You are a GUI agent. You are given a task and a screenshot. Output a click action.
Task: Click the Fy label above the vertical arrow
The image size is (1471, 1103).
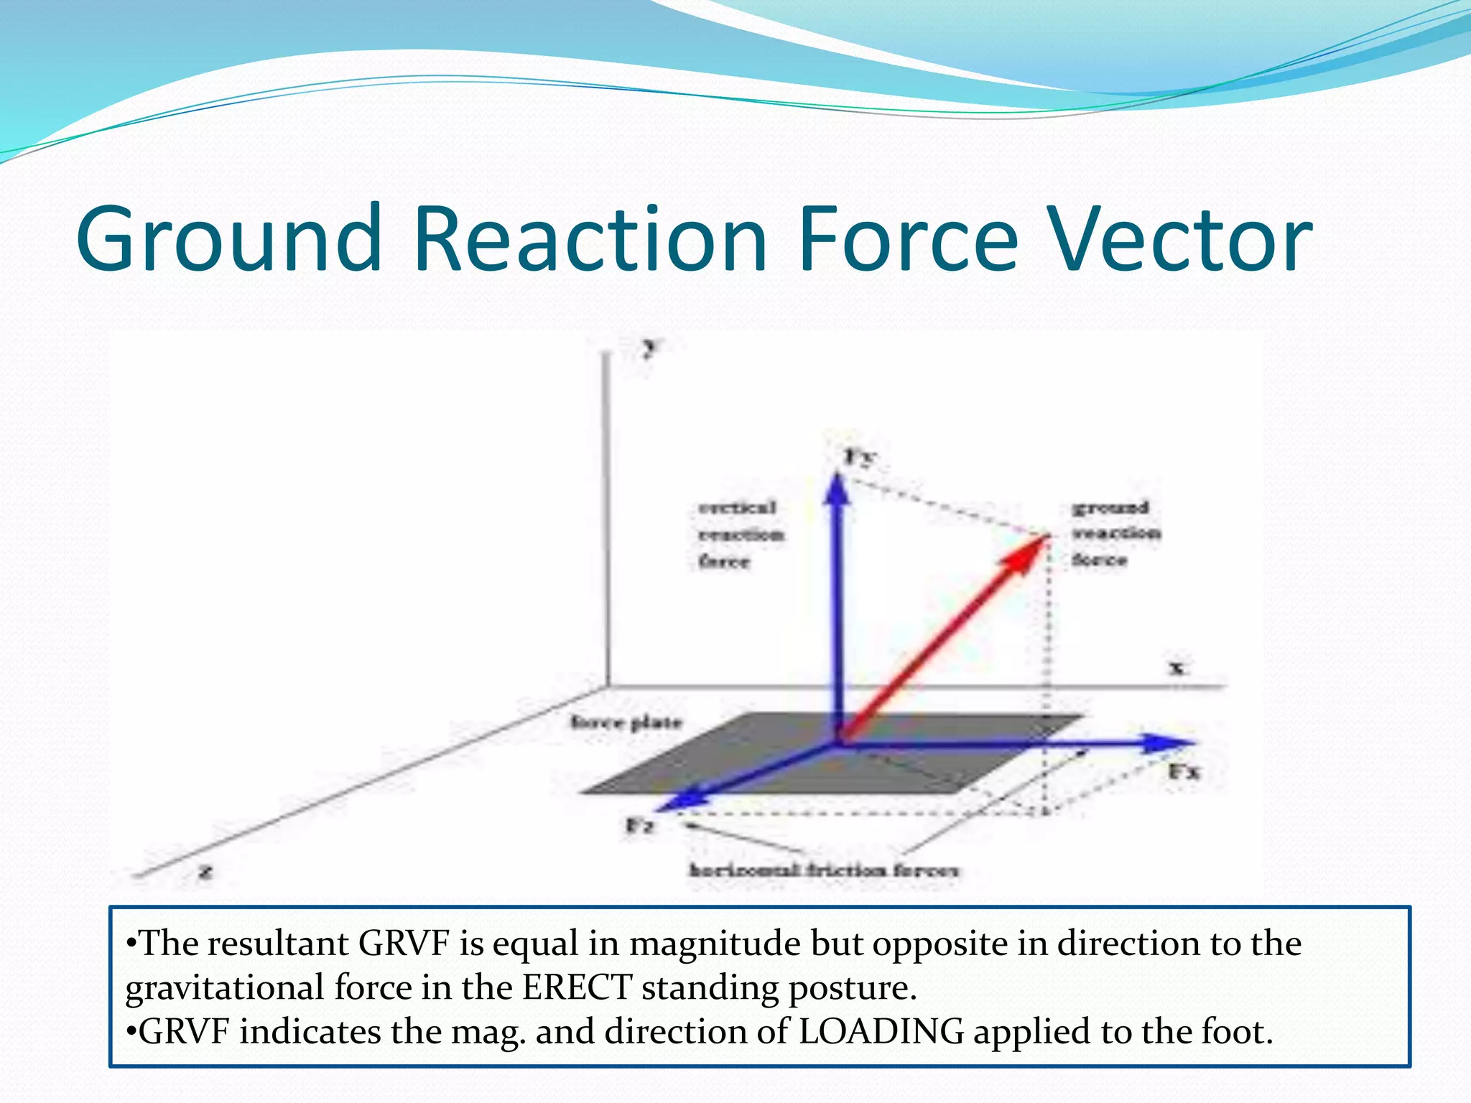(x=859, y=456)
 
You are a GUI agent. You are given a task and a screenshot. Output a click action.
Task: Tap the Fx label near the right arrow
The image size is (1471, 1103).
(x=1184, y=773)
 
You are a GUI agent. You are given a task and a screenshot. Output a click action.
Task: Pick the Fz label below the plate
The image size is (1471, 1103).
(x=639, y=826)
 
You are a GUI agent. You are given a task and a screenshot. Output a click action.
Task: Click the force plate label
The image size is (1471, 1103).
(x=626, y=722)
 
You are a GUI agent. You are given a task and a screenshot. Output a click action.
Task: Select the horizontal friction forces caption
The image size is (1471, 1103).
(x=824, y=870)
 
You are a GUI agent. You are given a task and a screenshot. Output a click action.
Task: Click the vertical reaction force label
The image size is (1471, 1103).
(x=740, y=534)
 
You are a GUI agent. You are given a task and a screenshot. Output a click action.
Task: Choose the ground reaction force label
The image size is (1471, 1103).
(x=1115, y=533)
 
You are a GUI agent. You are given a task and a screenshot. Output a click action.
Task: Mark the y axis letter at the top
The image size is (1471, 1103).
(x=650, y=348)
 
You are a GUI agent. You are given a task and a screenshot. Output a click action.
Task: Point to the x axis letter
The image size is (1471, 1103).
(x=1177, y=668)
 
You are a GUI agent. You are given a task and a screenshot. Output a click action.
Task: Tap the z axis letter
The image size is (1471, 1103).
(x=206, y=872)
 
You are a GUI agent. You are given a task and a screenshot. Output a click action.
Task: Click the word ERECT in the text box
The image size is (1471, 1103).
(x=577, y=987)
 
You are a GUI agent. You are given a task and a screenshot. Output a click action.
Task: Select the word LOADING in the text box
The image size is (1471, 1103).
(x=881, y=1032)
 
